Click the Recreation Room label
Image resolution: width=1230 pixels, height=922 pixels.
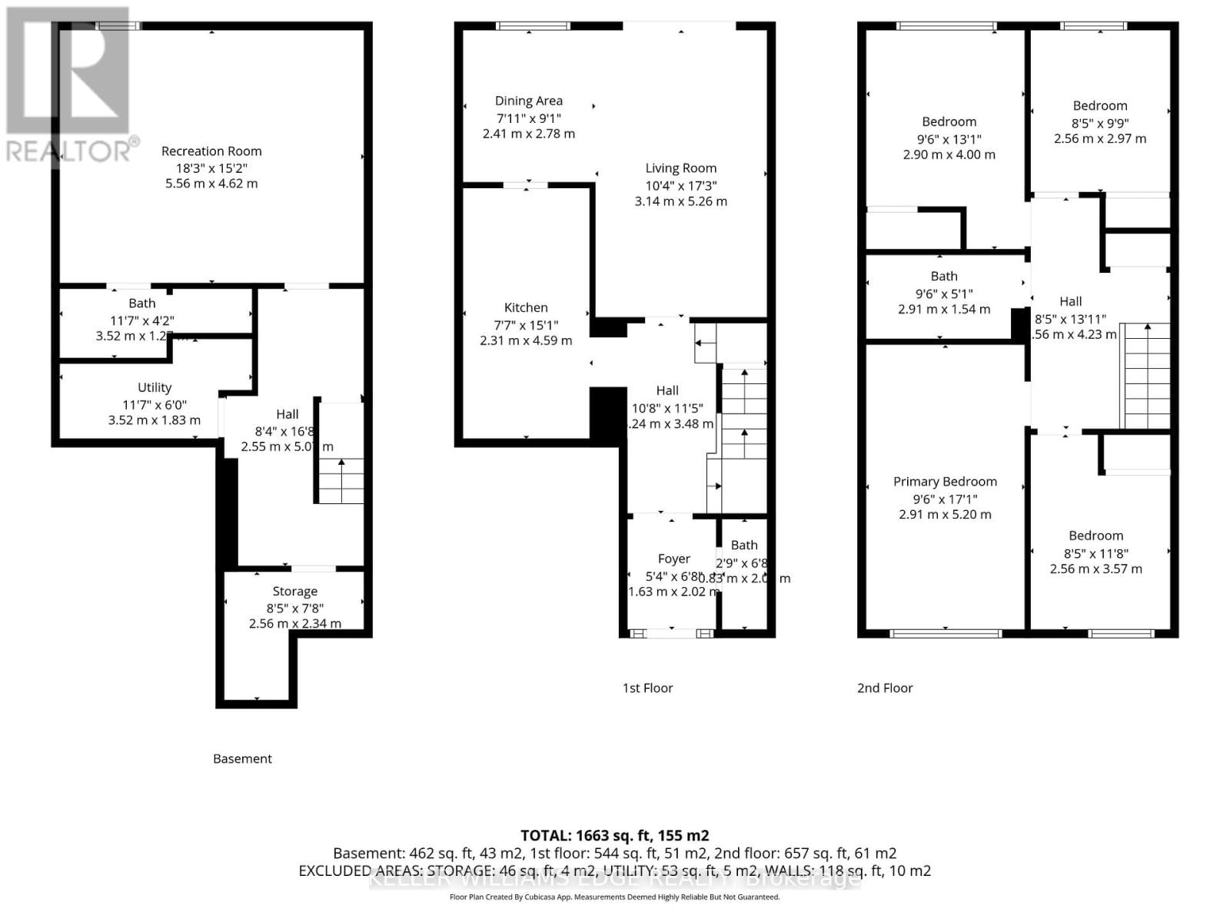211,151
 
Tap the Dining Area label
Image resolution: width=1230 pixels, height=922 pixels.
528,101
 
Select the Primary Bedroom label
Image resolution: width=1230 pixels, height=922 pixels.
945,482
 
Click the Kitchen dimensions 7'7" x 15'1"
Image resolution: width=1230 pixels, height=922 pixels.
526,324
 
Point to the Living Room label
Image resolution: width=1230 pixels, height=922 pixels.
680,168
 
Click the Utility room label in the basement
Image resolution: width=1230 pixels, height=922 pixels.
155,388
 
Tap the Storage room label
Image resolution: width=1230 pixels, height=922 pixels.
294,592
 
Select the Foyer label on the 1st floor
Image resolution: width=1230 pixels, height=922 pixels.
673,559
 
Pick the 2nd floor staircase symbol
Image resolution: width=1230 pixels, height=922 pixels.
1146,376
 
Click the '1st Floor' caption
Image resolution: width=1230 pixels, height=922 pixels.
647,688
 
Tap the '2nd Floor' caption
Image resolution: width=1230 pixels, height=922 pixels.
885,688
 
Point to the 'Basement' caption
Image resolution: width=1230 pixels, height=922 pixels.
242,759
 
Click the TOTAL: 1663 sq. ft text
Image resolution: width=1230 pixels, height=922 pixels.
614,835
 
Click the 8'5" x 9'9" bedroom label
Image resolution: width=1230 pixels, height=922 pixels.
1099,106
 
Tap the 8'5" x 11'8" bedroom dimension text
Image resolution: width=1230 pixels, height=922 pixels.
1095,553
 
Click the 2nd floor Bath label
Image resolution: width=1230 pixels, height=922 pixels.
944,277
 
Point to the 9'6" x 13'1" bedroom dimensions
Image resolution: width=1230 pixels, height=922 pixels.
949,139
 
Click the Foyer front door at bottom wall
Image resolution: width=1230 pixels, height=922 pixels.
671,634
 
